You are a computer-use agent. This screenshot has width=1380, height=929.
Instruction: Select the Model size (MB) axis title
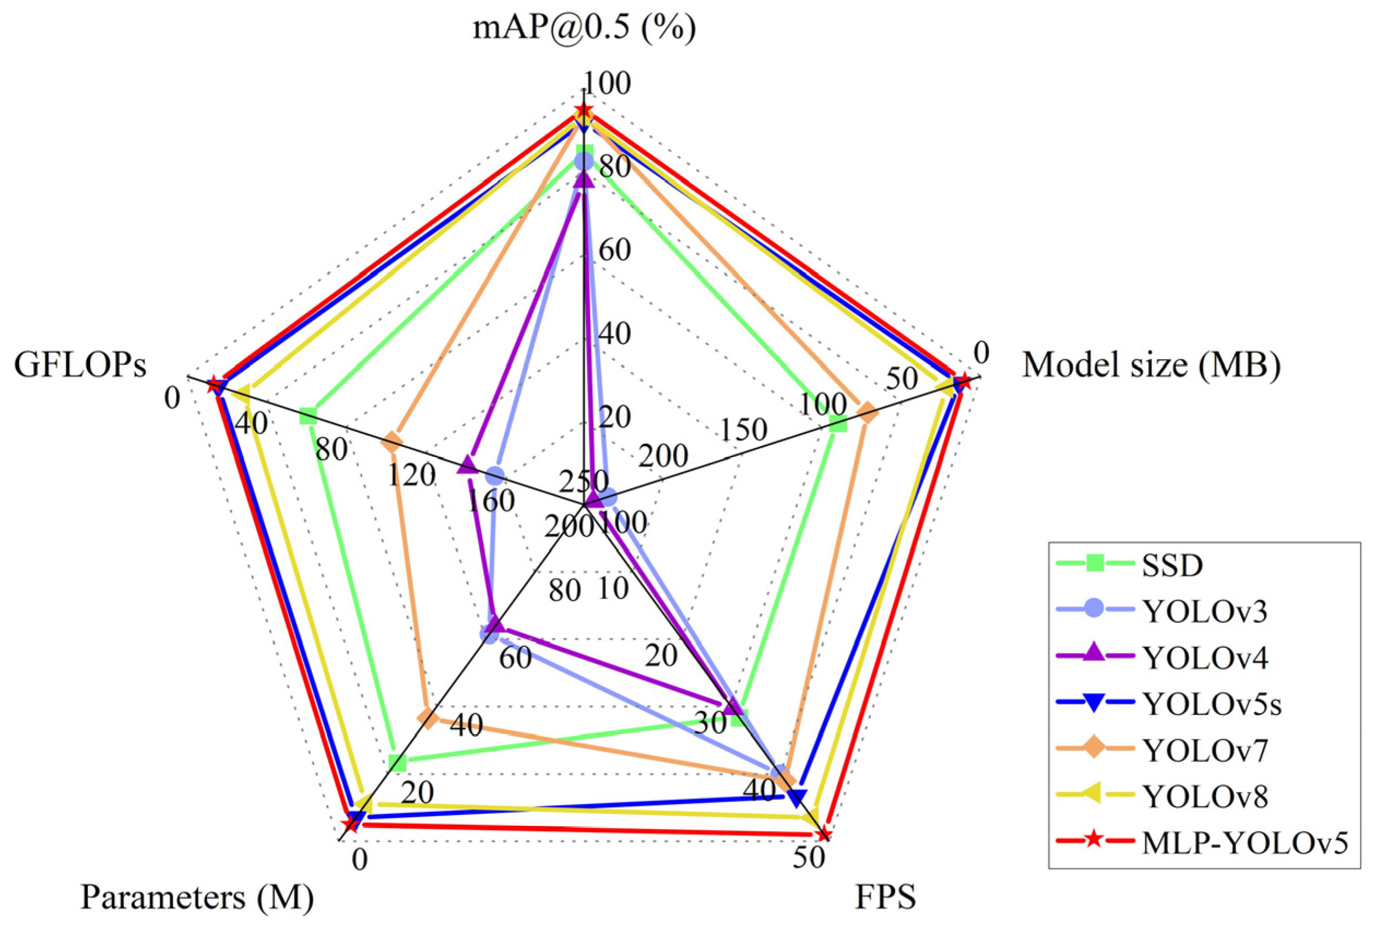pyautogui.click(x=1151, y=366)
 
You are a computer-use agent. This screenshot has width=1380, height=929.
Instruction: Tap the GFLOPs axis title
pyautogui.click(x=81, y=366)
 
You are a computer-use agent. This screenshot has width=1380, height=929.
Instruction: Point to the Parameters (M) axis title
pyautogui.click(x=197, y=897)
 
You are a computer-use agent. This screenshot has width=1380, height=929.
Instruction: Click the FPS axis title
pyautogui.click(x=885, y=897)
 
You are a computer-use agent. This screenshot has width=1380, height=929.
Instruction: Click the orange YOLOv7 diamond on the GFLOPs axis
pyautogui.click(x=391, y=441)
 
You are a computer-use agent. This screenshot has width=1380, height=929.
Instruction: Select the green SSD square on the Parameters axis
pyautogui.click(x=397, y=763)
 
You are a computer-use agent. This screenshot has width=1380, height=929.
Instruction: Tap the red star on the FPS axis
pyautogui.click(x=823, y=835)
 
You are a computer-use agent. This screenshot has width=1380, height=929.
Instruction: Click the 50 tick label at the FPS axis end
pyautogui.click(x=809, y=858)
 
